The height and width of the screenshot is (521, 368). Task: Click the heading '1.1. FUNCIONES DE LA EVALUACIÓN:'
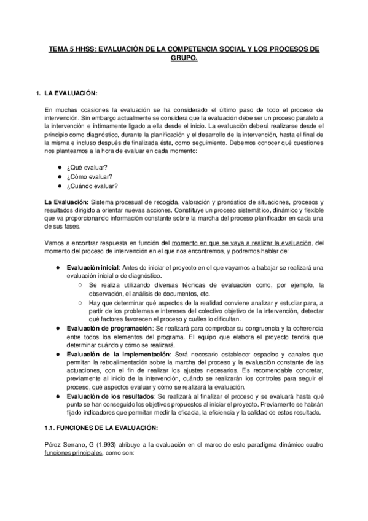pos(101,427)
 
